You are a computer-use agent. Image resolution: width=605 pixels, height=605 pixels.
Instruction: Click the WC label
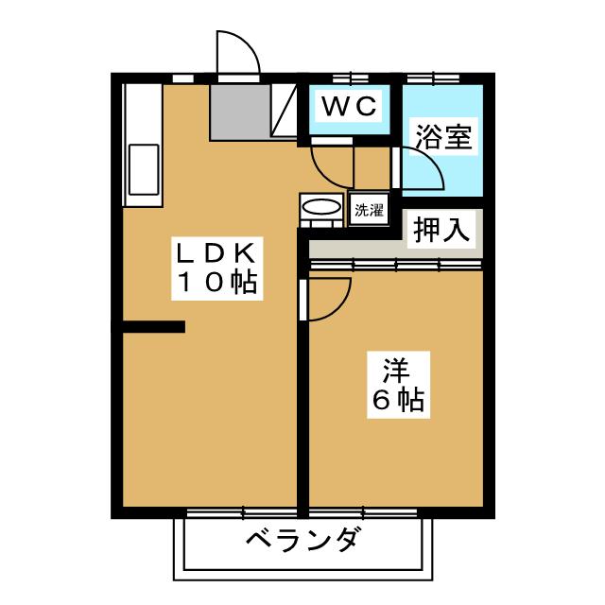(x=351, y=105)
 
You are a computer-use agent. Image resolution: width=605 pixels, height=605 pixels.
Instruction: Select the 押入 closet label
(x=442, y=231)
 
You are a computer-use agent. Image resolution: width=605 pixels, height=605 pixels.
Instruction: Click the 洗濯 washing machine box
(x=370, y=210)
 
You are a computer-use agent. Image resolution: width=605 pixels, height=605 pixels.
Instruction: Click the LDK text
(x=216, y=253)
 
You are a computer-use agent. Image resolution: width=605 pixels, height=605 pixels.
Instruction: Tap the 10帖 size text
(x=216, y=282)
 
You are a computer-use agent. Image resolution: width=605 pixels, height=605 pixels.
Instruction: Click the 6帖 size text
(x=394, y=399)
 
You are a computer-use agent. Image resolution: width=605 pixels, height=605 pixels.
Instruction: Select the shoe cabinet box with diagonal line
(x=285, y=112)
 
